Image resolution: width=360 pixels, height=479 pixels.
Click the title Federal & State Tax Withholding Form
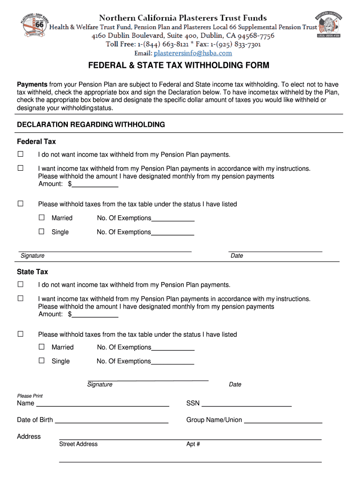click(179, 65)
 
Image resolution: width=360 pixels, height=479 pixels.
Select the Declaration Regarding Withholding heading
click(91, 125)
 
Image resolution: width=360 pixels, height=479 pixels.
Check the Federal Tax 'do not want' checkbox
click(20, 154)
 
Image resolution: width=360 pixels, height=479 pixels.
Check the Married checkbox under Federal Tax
click(42, 218)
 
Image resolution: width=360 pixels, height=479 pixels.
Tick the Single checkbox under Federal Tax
click(42, 232)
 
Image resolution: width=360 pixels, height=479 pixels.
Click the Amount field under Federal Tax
click(95, 184)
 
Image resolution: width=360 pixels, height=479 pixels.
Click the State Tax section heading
click(32, 272)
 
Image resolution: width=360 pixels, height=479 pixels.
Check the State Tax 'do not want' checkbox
click(20, 284)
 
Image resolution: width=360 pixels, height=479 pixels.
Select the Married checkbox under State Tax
click(42, 347)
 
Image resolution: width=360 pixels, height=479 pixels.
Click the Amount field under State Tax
click(95, 314)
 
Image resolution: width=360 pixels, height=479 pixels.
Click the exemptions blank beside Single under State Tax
click(173, 362)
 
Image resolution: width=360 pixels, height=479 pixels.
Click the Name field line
click(102, 404)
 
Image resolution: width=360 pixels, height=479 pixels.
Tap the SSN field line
click(246, 404)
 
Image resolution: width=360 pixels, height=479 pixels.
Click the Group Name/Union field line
click(283, 420)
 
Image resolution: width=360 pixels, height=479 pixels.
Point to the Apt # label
click(193, 444)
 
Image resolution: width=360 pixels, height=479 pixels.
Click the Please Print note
click(30, 396)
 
